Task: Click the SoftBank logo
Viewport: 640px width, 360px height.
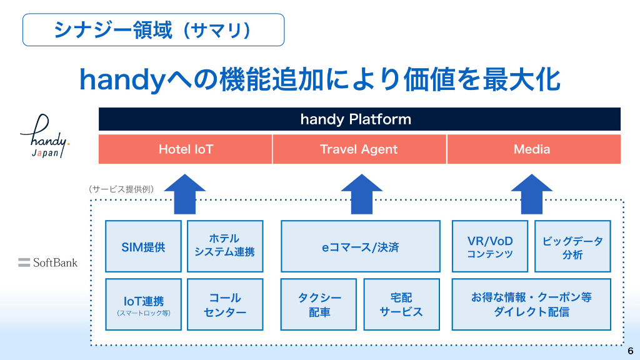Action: tap(48, 262)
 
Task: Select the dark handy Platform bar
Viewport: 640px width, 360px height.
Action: tap(359, 119)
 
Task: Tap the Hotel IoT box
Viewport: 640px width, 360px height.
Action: tap(186, 149)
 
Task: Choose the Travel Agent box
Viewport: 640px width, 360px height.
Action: tap(359, 149)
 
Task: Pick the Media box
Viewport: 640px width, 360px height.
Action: tap(533, 149)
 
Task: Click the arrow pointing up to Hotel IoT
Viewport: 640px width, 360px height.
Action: tap(185, 193)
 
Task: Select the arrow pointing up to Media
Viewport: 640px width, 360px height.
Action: tap(532, 193)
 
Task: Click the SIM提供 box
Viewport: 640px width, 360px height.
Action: tap(143, 246)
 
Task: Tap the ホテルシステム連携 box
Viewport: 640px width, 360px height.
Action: tap(224, 246)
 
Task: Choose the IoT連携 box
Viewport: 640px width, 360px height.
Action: tap(143, 304)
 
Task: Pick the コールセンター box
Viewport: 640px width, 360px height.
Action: tap(224, 304)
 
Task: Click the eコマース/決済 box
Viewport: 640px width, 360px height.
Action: tap(360, 246)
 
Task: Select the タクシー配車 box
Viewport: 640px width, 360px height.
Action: tap(319, 304)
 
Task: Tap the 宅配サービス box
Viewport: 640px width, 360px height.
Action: tap(401, 304)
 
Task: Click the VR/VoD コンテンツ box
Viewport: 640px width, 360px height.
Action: tap(490, 246)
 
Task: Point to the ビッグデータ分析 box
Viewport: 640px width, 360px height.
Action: tap(572, 246)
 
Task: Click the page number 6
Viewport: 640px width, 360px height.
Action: tap(630, 350)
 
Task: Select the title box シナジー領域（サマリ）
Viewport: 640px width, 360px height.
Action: tap(153, 29)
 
